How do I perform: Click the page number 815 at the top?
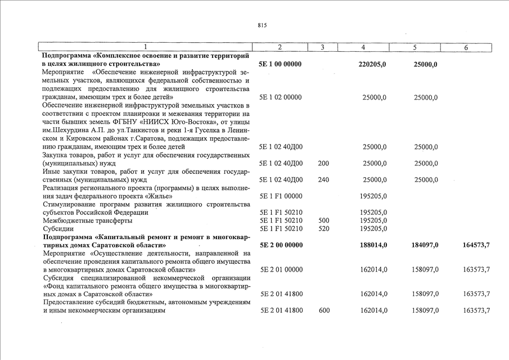click(x=261, y=25)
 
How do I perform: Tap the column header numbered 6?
click(x=466, y=48)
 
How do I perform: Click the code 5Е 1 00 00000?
click(x=280, y=64)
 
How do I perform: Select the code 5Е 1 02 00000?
click(x=280, y=97)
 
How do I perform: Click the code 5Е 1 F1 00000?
click(x=280, y=196)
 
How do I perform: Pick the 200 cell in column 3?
click(x=323, y=164)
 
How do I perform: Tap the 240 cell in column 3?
click(x=323, y=180)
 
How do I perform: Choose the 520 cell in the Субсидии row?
click(x=323, y=229)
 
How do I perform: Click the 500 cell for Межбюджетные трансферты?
click(x=323, y=220)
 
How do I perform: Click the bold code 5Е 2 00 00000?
click(x=281, y=245)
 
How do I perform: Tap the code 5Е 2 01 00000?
click(x=281, y=269)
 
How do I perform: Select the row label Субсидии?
click(x=58, y=229)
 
